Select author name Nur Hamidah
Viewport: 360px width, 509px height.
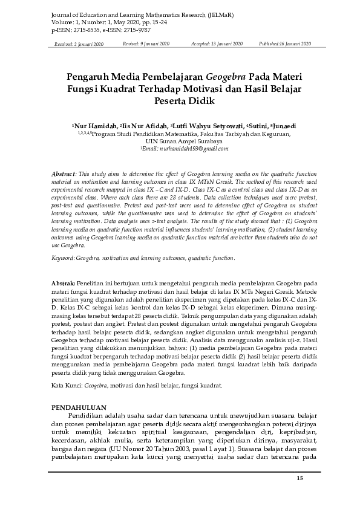(96, 126)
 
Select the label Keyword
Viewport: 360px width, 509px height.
(64, 275)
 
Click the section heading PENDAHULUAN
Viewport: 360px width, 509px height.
(80, 407)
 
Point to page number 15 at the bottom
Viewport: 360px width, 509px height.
(299, 479)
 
